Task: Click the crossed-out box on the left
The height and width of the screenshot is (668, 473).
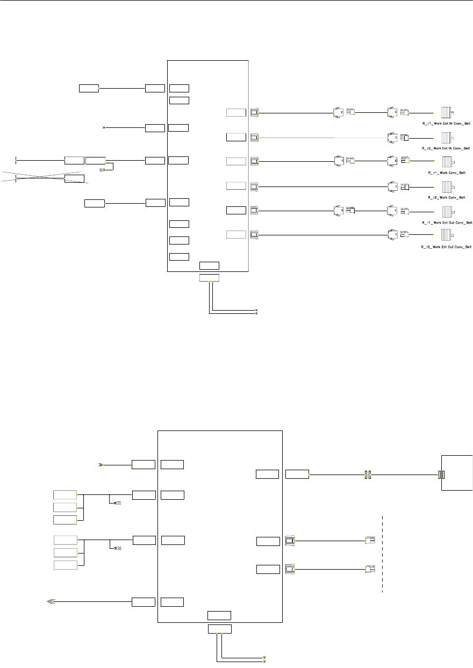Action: click(x=74, y=178)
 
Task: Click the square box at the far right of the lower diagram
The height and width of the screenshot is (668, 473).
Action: click(x=457, y=472)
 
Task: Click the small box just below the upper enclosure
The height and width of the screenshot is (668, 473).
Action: click(x=209, y=278)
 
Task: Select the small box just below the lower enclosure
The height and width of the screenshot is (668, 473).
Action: click(x=220, y=629)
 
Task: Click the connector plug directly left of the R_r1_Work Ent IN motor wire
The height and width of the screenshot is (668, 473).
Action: click(x=404, y=113)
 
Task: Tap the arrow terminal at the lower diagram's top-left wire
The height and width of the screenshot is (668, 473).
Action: click(x=100, y=464)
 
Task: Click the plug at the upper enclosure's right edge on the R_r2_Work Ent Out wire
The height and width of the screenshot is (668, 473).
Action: click(x=254, y=234)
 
